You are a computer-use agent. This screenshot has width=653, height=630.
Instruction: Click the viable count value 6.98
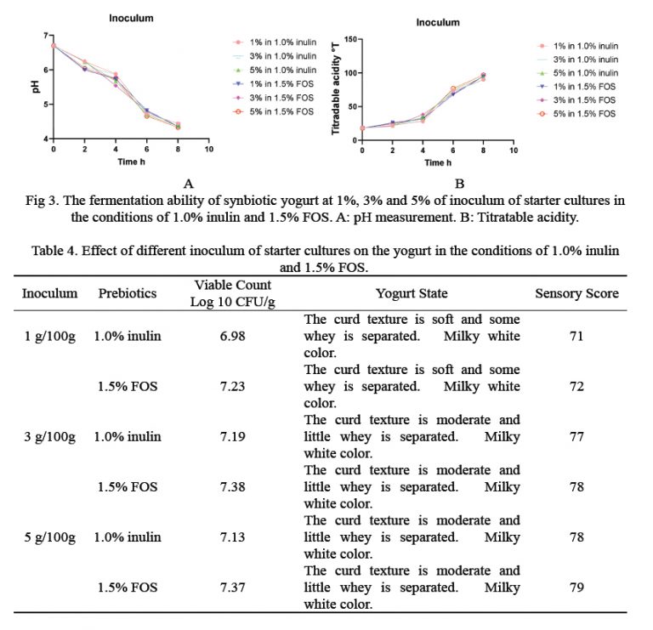tap(232, 336)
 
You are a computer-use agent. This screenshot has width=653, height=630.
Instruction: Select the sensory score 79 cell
tap(576, 587)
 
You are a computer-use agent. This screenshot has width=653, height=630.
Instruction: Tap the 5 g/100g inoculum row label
tap(50, 537)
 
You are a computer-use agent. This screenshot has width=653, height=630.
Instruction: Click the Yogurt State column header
tap(412, 293)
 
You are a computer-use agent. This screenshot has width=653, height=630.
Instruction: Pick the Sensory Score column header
tap(576, 293)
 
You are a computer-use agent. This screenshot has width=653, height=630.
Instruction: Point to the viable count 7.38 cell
tap(232, 487)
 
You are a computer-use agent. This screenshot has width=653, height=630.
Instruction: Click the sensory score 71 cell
tap(576, 336)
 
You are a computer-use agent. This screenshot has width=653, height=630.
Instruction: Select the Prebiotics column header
tap(128, 293)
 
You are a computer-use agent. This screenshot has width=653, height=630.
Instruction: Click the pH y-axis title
tap(36, 87)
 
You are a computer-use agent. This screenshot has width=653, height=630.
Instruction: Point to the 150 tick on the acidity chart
tap(350, 39)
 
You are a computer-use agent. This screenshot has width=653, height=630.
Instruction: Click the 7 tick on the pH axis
tap(45, 36)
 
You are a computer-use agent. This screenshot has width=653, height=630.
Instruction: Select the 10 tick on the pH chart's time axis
tap(208, 149)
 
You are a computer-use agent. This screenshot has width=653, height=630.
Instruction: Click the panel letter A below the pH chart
tap(188, 184)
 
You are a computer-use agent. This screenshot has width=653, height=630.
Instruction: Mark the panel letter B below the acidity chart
tap(459, 184)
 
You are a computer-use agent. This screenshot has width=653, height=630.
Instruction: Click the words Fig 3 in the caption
tap(42, 201)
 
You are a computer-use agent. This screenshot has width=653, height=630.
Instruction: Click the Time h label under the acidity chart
tap(438, 162)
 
